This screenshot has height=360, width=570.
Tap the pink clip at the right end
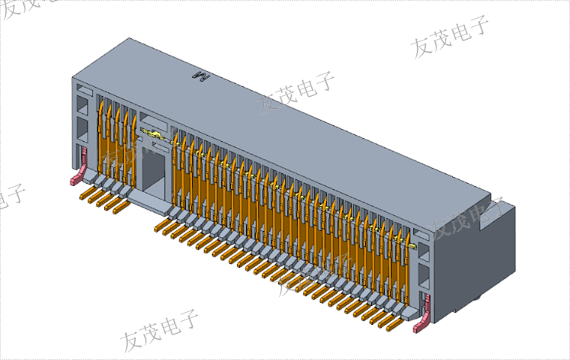(x=426, y=312)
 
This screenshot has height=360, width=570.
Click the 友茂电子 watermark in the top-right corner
(x=450, y=37)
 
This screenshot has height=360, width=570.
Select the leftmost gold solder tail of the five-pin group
(x=85, y=195)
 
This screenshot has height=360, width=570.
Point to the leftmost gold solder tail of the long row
(x=160, y=223)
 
